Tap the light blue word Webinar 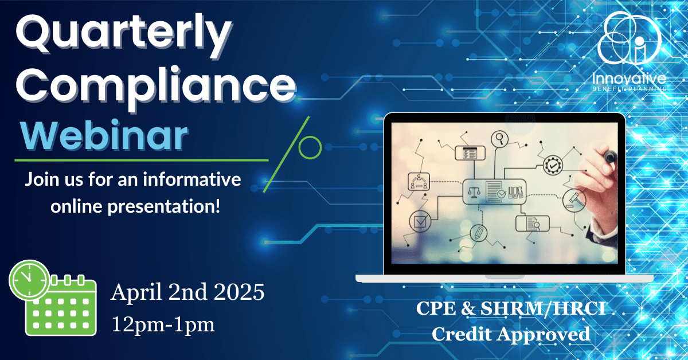[x=104, y=135]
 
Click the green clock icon [x=29, y=280]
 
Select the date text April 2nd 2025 [x=187, y=292]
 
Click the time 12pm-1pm [x=163, y=324]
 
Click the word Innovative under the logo [x=630, y=79]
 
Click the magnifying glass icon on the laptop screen [x=500, y=139]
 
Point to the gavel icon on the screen [x=574, y=200]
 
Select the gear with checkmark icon [x=553, y=165]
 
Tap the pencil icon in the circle [x=478, y=233]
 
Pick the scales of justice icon [x=474, y=192]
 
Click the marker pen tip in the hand [x=610, y=157]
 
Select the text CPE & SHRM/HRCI [x=511, y=308]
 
